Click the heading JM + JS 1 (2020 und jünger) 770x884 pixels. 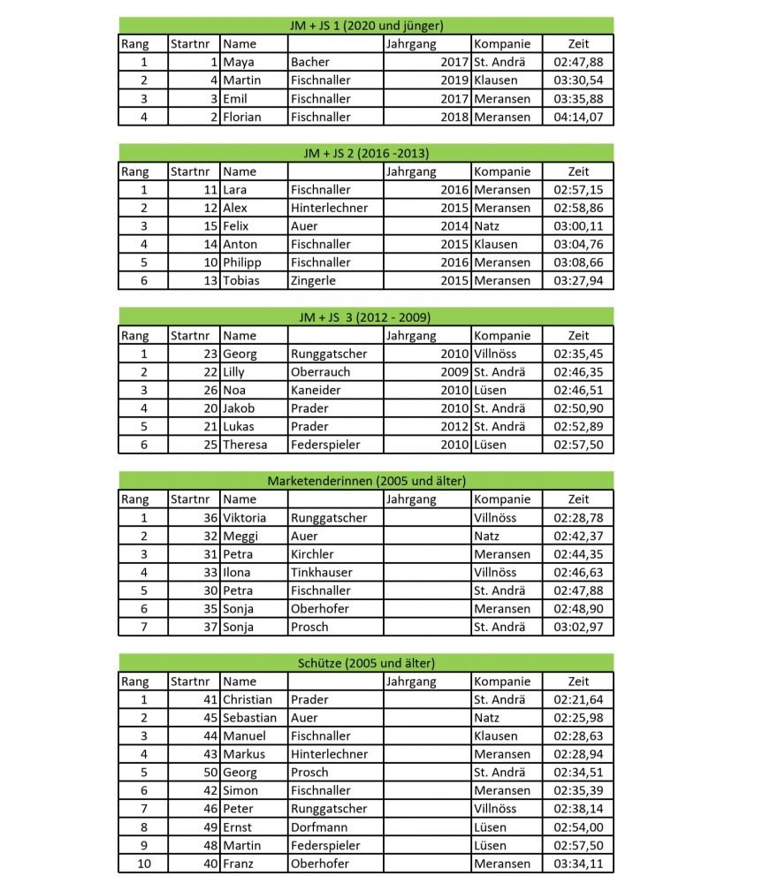[x=366, y=25]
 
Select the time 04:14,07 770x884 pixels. [x=578, y=117]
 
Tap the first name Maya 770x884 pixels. [x=238, y=62]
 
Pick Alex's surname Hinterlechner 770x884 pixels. [x=329, y=208]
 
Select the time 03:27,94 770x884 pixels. [x=578, y=281]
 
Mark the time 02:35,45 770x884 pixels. [x=578, y=354]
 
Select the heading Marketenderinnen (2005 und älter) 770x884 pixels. [x=366, y=481]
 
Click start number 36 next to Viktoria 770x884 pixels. [x=210, y=518]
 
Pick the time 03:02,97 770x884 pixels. [x=578, y=627]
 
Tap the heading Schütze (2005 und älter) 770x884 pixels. [x=366, y=663]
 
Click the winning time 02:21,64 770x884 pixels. [x=578, y=700]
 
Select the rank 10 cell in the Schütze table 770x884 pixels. [x=143, y=864]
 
